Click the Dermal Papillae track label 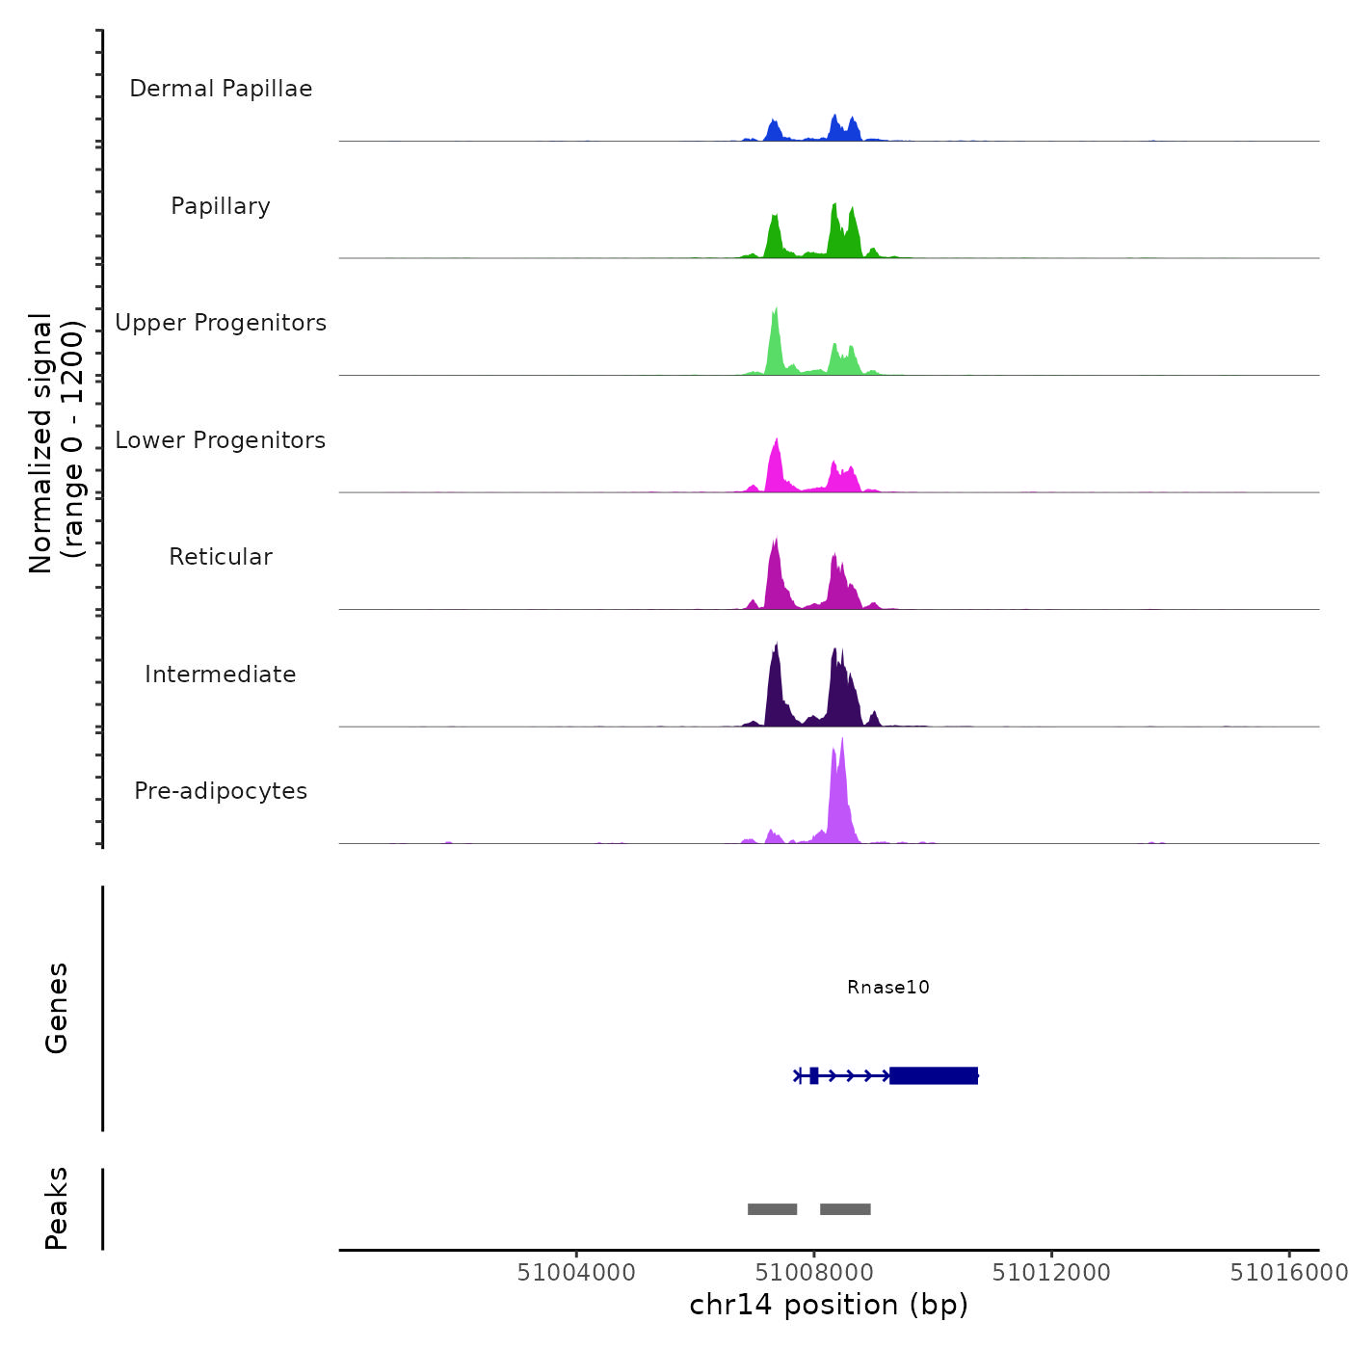[221, 89]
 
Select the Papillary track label [221, 206]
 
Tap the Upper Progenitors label [221, 323]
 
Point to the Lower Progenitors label [221, 440]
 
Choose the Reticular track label [221, 557]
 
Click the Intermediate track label [221, 674]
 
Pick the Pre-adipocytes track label [221, 791]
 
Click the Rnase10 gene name [887, 987]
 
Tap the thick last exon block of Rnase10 [933, 1075]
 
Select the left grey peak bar [772, 1209]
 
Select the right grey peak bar [845, 1209]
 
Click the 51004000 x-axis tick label [576, 1273]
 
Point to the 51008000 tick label [814, 1273]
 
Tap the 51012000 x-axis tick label [1051, 1273]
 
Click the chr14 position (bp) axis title [829, 1305]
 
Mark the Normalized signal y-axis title [56, 443]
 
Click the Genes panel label [56, 1008]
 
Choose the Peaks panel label [56, 1208]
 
